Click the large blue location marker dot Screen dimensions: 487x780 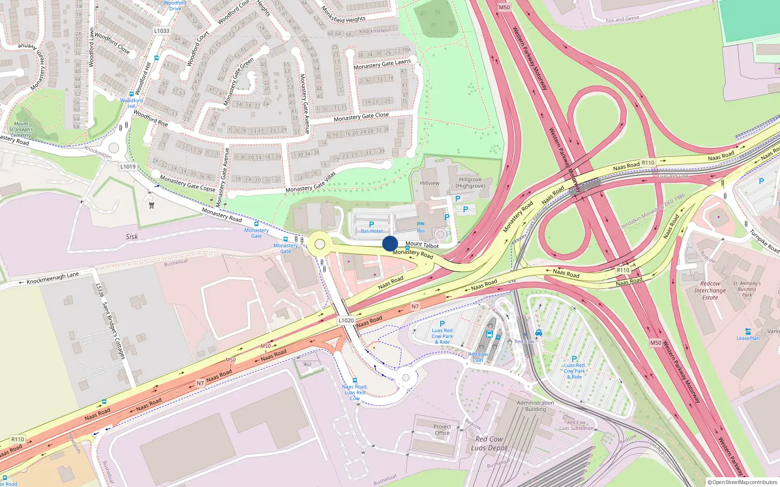[x=390, y=243]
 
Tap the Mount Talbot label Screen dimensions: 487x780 [x=422, y=244]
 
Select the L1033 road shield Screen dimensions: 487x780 [x=162, y=31]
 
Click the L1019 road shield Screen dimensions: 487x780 [x=128, y=167]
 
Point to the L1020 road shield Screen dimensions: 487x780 [x=346, y=320]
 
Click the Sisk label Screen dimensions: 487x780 [x=132, y=237]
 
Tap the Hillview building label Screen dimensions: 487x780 [x=429, y=183]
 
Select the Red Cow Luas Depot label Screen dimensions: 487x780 [x=489, y=444]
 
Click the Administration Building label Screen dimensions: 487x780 [x=535, y=406]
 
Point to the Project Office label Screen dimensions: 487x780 [x=442, y=430]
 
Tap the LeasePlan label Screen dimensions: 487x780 [x=748, y=338]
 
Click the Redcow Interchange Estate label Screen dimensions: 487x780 [x=710, y=290]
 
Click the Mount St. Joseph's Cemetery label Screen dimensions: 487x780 [x=21, y=130]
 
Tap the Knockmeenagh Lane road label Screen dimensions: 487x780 [x=53, y=278]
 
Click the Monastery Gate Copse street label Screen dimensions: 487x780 [x=188, y=184]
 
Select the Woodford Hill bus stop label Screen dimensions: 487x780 [x=132, y=103]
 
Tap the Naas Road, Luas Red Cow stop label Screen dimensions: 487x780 [x=355, y=392]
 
